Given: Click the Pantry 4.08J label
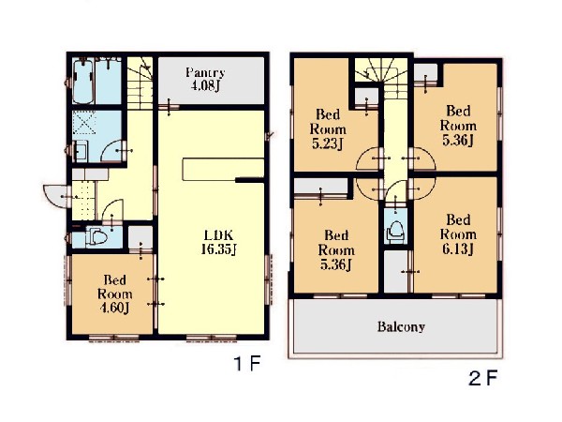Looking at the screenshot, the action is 205,80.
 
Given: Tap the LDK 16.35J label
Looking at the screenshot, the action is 218,242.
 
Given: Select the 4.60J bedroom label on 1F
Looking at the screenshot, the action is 114,294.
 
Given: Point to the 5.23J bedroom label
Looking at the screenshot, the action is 328,129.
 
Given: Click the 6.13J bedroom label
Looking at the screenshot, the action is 458,234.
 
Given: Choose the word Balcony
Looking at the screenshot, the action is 401,327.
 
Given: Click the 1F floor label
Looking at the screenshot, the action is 247,364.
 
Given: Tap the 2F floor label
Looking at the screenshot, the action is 482,378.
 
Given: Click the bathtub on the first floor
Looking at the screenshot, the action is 83,81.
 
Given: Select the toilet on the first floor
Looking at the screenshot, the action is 96,236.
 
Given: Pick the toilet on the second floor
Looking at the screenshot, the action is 395,231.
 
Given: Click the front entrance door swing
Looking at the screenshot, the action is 54,196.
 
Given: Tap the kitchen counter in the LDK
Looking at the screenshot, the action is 223,169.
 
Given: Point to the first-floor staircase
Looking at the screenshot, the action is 140,83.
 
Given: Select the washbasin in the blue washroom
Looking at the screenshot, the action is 81,151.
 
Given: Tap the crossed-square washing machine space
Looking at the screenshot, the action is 84,123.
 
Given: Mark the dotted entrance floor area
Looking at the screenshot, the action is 83,201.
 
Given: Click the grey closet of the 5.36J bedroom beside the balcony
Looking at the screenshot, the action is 320,187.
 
